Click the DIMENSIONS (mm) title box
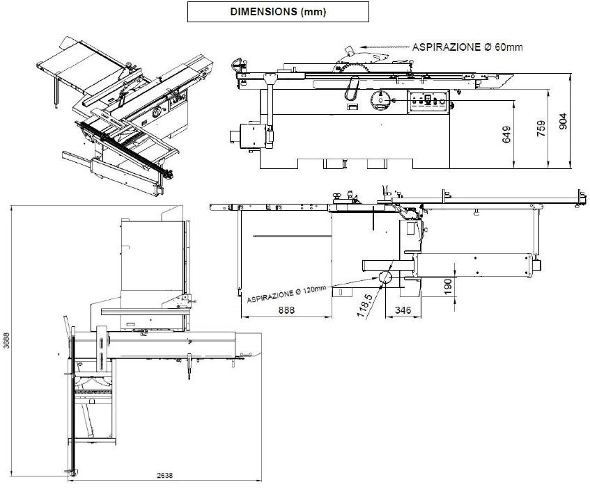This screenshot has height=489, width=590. [278, 12]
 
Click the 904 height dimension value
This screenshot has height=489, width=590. [563, 121]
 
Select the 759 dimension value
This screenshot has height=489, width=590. [541, 128]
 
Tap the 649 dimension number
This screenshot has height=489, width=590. [507, 134]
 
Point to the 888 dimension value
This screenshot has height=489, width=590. [286, 310]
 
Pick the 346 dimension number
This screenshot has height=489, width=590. [403, 310]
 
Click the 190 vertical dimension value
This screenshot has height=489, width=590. [448, 287]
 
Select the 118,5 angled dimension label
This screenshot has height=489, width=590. [364, 305]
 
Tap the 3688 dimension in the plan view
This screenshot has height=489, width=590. [7, 341]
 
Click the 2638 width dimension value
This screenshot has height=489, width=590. [165, 476]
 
